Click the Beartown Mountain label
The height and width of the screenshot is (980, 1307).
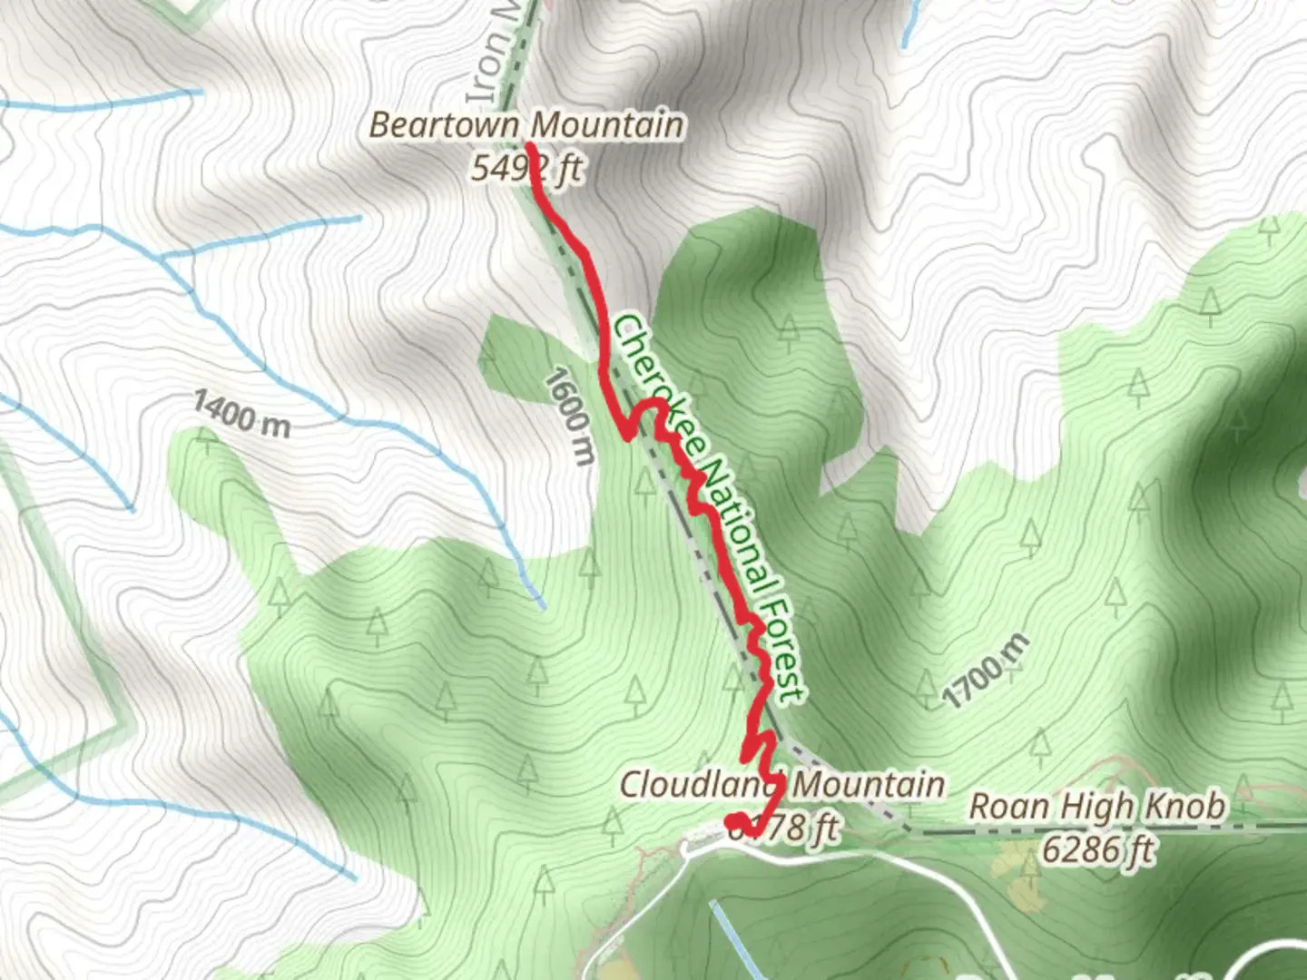point(526,124)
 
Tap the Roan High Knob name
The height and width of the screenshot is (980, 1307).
point(1097,806)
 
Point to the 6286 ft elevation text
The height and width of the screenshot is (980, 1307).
point(1097,850)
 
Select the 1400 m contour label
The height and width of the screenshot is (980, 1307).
point(241,415)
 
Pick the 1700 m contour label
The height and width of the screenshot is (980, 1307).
point(986,671)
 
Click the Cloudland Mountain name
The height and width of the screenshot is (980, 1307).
point(781,784)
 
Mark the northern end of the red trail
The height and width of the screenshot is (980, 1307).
point(528,144)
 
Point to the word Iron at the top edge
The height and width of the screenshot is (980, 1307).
point(486,72)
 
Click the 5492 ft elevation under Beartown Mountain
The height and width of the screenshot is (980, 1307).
point(526,168)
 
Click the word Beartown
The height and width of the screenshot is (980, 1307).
point(443,124)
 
